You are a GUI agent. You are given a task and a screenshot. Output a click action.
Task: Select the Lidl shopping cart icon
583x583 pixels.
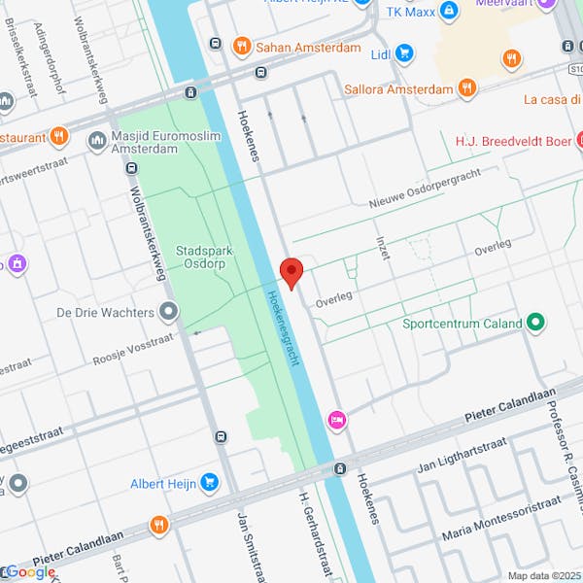[404, 53]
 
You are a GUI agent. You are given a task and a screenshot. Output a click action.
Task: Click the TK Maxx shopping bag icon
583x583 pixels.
[448, 11]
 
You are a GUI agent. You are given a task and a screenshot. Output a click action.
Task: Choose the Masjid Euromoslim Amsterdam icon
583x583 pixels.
[96, 141]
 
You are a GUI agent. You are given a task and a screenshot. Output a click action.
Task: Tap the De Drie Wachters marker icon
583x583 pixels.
[169, 312]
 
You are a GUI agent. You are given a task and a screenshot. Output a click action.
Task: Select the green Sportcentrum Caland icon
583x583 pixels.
[534, 323]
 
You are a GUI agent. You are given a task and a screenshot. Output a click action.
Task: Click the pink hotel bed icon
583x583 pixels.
[337, 419]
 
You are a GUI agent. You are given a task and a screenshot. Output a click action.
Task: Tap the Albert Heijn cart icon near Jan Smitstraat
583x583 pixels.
[209, 483]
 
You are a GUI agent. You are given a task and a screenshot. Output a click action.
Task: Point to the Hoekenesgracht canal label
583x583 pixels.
[280, 326]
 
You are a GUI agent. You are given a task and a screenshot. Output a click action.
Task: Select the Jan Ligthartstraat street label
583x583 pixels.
[462, 456]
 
